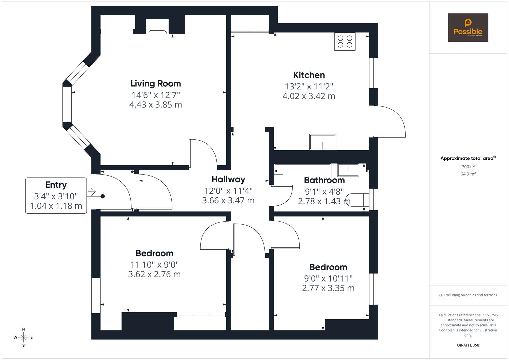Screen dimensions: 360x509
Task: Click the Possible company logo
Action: point(468,27)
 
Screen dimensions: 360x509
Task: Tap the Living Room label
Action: point(156,83)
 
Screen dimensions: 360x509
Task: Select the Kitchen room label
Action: point(309,75)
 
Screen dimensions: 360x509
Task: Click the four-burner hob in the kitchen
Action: point(345,41)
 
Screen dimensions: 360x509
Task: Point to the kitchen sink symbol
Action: point(322,142)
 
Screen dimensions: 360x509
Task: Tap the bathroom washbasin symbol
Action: point(348,170)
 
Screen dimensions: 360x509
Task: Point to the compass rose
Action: point(23,337)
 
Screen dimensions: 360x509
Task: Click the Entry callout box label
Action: point(56,185)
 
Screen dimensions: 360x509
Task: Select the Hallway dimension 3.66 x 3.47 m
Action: point(228,201)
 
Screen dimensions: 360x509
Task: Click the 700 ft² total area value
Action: point(468,167)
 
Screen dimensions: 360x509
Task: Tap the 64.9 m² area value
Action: point(468,174)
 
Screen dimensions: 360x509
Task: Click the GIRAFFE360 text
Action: point(468,345)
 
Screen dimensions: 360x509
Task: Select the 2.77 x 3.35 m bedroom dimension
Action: point(328,288)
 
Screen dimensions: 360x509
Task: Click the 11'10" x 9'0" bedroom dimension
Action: point(155,265)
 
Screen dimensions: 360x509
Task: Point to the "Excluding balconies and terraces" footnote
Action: point(468,295)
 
